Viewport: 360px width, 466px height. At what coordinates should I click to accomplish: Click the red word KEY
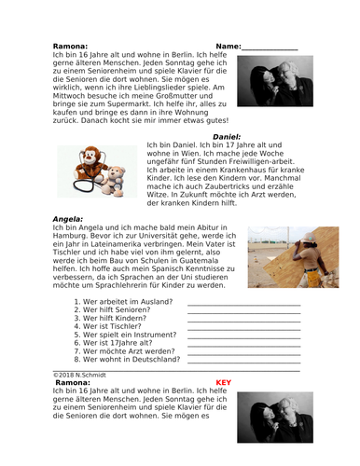(223, 382)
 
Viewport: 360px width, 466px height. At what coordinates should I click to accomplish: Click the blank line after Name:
(270, 48)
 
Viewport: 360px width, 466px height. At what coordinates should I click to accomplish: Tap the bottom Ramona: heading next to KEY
(73, 382)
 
